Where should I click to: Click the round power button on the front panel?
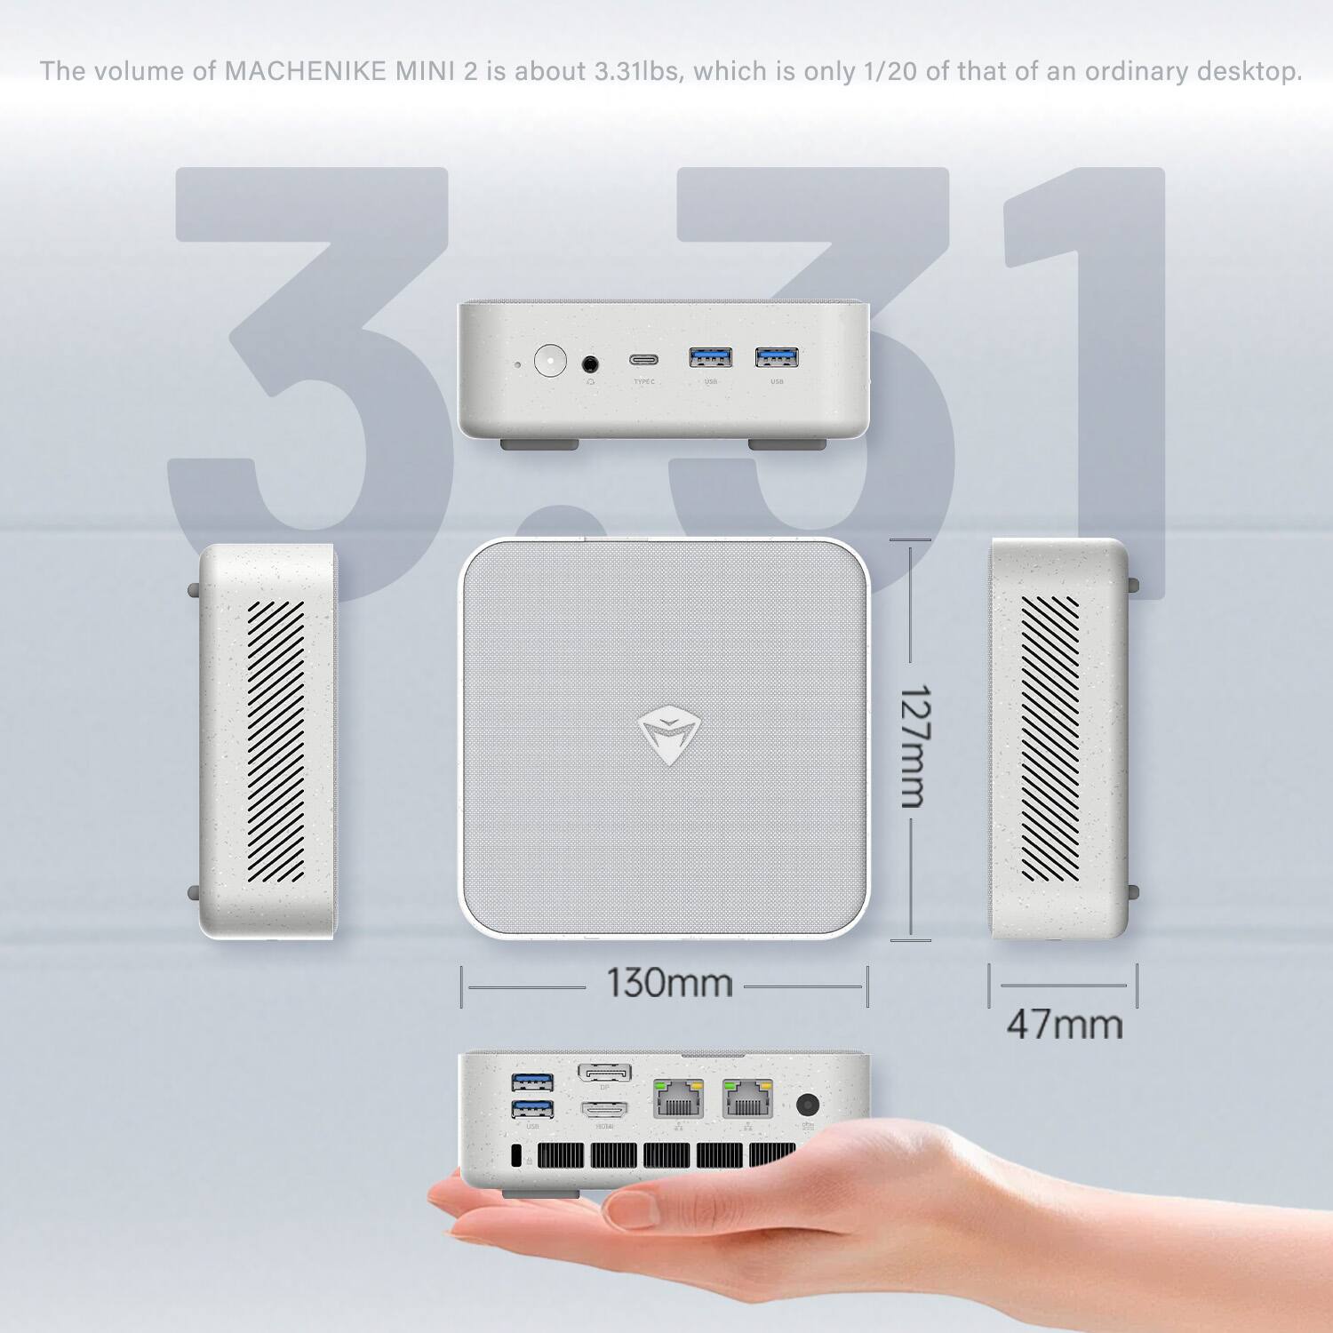coord(552,363)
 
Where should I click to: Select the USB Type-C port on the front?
coord(644,361)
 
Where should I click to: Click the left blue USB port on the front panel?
coord(711,357)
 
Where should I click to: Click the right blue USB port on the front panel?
coord(777,357)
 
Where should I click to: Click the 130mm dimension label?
coord(669,984)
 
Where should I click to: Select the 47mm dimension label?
coord(1064,1025)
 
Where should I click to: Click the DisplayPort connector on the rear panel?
coord(604,1074)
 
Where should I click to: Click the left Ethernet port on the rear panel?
coord(678,1100)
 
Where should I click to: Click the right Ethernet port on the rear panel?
coord(748,1100)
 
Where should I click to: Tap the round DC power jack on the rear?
coord(807,1105)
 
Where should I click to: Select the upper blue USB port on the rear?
coord(532,1082)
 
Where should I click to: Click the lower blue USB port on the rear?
coord(532,1108)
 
